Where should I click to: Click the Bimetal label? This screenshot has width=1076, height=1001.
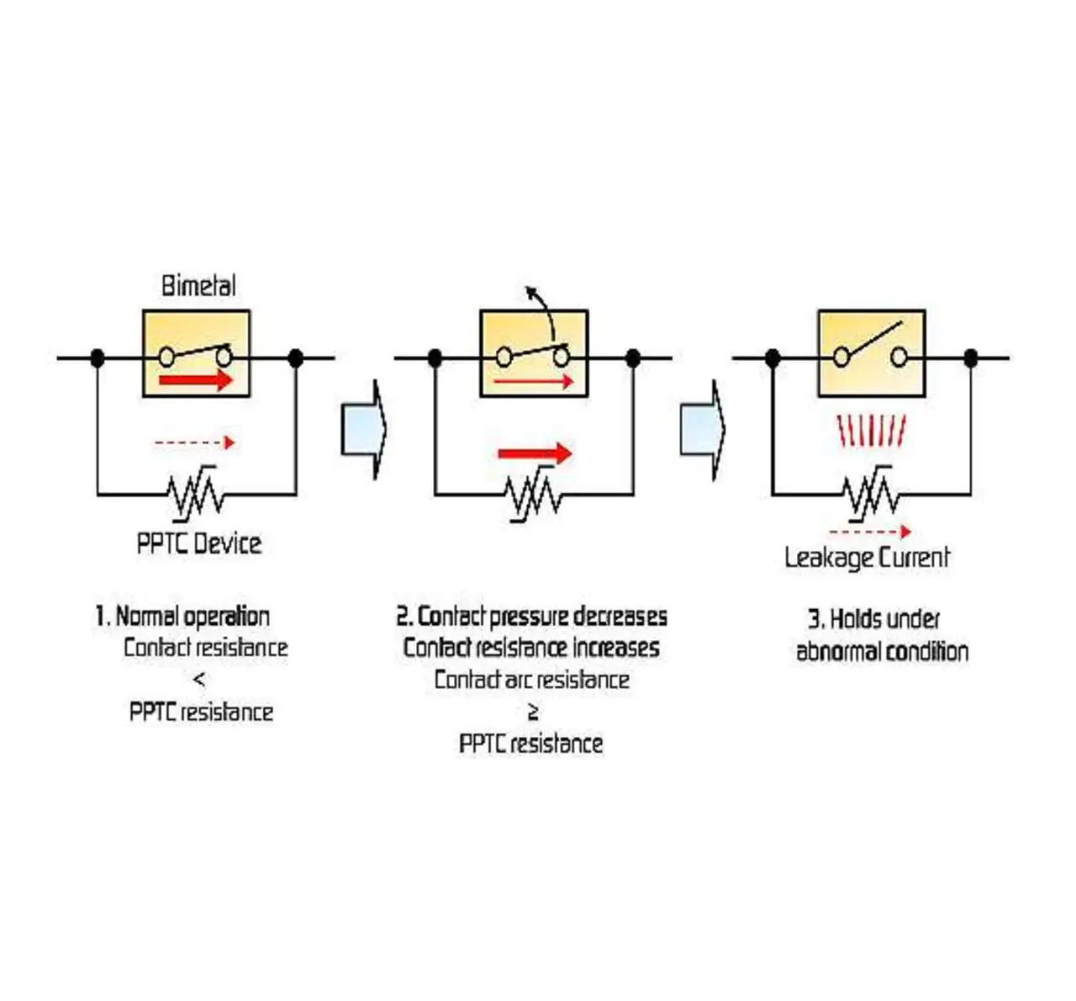point(198,286)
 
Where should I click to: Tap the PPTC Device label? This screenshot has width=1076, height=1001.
point(199,543)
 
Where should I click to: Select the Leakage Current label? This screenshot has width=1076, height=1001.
point(867,558)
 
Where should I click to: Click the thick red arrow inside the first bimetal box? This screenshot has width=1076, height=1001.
point(196,381)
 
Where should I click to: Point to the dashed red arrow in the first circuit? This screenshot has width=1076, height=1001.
point(194,442)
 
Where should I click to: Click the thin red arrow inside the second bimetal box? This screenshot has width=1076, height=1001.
point(533,382)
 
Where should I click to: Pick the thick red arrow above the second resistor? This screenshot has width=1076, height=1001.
point(535,454)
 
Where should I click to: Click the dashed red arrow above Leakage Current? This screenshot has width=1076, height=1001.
point(869,532)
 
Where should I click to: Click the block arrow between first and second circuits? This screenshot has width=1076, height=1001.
point(363,429)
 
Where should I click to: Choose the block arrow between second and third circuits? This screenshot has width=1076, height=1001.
point(701,429)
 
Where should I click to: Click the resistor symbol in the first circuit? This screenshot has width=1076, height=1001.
point(196,495)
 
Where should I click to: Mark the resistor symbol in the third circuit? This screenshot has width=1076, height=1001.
point(871,495)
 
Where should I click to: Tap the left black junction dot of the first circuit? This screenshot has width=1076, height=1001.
point(98,358)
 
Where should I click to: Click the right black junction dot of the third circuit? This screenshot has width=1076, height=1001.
point(971,358)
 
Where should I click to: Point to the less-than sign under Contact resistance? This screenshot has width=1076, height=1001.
point(199,680)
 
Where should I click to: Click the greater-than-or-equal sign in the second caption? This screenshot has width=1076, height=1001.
point(532,712)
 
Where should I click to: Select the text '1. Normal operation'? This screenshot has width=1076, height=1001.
point(182,617)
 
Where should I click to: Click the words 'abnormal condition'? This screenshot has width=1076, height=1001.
point(882,652)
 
